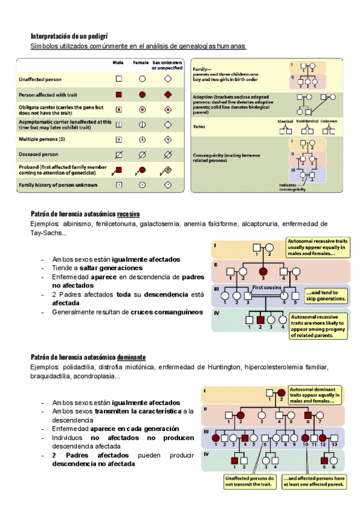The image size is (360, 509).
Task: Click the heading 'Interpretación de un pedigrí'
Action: click(69, 37)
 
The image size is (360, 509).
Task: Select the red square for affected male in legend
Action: click(119, 95)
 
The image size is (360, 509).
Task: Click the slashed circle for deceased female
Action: click(142, 154)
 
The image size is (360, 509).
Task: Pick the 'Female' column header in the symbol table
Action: click(140, 62)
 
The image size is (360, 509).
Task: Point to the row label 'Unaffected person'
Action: click(40, 79)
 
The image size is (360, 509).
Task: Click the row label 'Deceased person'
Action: click(38, 154)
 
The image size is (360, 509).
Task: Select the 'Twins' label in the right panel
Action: click(199, 127)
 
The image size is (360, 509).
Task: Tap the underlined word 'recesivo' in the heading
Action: click(128, 214)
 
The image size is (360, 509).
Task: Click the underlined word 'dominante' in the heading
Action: click(131, 358)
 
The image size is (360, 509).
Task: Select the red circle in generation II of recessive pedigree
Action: click(263, 272)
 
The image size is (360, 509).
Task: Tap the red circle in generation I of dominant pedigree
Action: click(281, 394)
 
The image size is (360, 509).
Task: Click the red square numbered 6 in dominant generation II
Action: click(308, 415)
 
